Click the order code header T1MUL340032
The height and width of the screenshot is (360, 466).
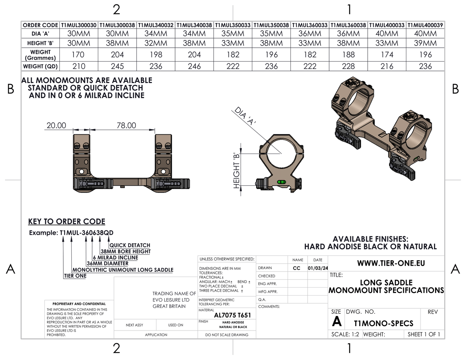[x=156, y=25]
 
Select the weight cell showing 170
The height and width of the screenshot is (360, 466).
[x=78, y=55]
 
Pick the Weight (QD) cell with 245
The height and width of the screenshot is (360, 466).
[x=117, y=66]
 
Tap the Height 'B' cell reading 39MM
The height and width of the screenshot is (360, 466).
[x=425, y=43]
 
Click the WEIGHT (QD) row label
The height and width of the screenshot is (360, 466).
[x=40, y=66]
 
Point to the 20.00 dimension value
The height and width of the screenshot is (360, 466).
[x=56, y=125]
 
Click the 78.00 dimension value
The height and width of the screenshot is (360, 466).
[x=126, y=125]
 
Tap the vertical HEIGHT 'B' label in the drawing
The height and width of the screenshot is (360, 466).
[x=237, y=170]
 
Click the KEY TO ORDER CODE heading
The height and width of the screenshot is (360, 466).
[x=67, y=221]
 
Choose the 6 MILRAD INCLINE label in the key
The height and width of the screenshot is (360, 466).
[x=115, y=257]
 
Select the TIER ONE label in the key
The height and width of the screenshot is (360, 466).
[x=75, y=276]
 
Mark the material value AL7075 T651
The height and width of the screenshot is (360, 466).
[x=232, y=315]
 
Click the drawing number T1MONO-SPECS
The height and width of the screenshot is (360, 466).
[x=383, y=323]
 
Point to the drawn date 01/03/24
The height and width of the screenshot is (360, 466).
[x=317, y=268]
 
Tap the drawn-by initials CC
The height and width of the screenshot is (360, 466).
[x=297, y=268]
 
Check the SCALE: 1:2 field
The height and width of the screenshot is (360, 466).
[x=345, y=334]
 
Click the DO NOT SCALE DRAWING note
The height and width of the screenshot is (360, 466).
[x=226, y=335]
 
